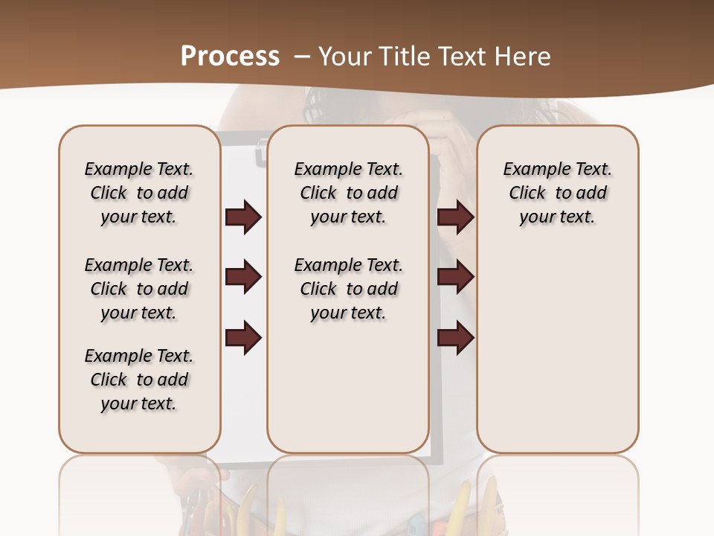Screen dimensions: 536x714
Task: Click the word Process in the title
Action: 230,56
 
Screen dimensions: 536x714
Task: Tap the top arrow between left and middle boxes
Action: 243,217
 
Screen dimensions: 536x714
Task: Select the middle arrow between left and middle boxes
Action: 243,277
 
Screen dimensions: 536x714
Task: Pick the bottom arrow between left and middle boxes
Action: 243,338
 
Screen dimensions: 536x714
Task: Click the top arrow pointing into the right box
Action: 456,217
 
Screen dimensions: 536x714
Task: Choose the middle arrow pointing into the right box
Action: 456,277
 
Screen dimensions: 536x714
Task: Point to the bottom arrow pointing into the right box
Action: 456,338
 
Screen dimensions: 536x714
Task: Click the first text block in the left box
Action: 139,193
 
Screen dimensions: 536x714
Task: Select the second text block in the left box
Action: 139,289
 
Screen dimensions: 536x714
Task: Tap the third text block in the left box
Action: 139,380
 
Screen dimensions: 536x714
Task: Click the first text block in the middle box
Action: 348,193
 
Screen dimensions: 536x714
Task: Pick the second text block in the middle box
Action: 348,289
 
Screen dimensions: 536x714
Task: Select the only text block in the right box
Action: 557,193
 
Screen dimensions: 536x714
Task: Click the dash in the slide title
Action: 301,56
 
